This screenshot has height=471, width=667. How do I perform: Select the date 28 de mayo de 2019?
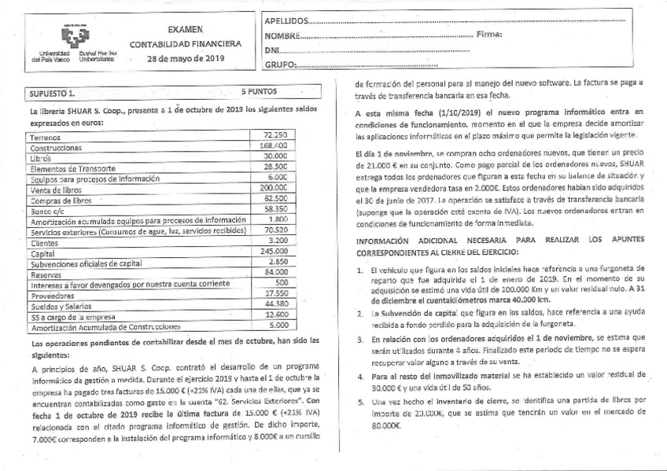186,59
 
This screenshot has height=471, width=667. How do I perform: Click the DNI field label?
271,50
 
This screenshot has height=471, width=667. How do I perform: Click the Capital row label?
42,254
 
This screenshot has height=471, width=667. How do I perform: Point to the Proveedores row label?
51,295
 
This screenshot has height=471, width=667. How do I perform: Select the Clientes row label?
43,243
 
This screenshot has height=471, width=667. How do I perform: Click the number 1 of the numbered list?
359,270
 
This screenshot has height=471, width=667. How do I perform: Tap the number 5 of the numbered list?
359,401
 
